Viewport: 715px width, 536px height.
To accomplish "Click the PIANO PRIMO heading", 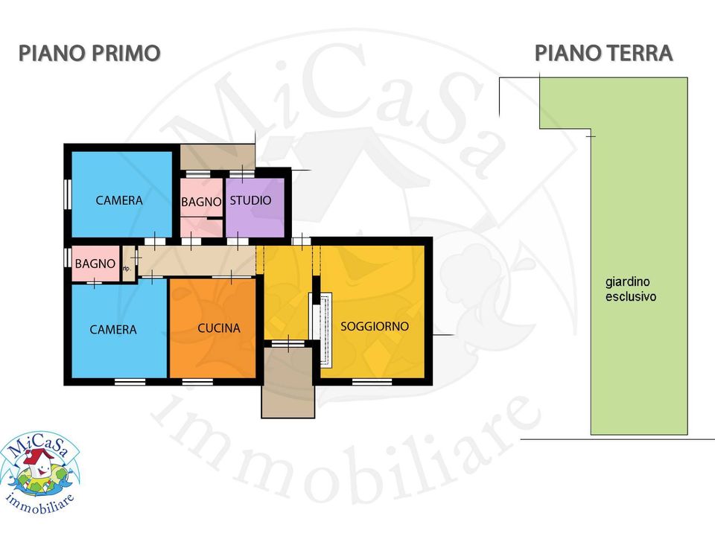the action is click(89, 53).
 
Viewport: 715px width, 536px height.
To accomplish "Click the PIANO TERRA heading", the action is click(604, 53).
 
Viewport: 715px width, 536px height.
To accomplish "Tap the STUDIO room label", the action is click(250, 200).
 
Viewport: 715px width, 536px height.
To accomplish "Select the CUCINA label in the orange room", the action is click(219, 328).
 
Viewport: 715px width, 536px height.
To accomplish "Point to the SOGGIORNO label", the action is click(375, 326).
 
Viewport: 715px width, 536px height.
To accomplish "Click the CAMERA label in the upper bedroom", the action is click(119, 200).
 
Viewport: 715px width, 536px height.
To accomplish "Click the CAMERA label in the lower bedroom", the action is click(113, 330).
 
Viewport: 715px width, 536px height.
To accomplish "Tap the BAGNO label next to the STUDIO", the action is click(201, 202).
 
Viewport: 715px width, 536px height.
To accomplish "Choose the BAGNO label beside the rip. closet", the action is click(95, 264).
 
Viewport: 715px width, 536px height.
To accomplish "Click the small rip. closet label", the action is click(127, 269).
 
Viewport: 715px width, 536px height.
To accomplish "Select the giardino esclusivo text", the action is click(631, 289).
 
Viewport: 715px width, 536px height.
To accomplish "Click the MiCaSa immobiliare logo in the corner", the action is click(40, 473).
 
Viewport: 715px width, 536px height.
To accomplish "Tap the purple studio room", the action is click(255, 208).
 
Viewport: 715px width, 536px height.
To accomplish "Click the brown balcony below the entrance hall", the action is click(287, 382).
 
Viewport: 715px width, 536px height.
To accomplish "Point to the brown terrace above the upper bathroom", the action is click(217, 157).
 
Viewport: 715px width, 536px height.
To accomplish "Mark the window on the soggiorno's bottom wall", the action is click(372, 382).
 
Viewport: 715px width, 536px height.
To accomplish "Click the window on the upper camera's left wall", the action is click(68, 194).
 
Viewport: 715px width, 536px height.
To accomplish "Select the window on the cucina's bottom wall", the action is click(197, 382).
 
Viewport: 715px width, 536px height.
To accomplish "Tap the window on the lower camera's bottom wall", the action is click(130, 382).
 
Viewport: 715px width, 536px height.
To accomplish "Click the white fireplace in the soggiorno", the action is click(325, 330).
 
